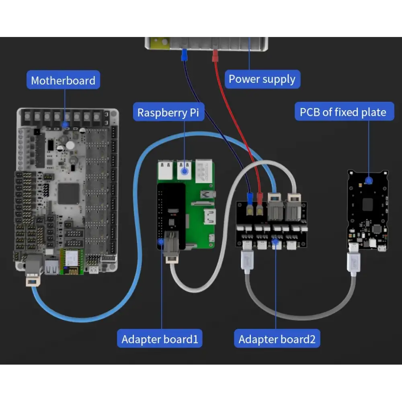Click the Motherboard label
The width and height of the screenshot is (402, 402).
(x=63, y=80)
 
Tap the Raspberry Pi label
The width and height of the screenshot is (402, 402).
(x=168, y=112)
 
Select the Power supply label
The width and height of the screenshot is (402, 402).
(x=262, y=79)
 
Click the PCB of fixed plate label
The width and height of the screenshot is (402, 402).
(x=343, y=112)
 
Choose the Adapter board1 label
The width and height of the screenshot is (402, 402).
(x=160, y=339)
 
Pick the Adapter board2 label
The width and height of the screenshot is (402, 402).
(x=277, y=339)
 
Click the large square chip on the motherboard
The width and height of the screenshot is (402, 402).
(x=69, y=194)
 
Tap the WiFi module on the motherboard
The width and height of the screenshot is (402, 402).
(x=72, y=262)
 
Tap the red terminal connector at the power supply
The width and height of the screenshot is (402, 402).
(x=215, y=56)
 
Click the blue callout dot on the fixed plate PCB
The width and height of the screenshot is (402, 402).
(x=368, y=180)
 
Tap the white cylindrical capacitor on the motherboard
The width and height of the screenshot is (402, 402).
(x=70, y=145)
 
